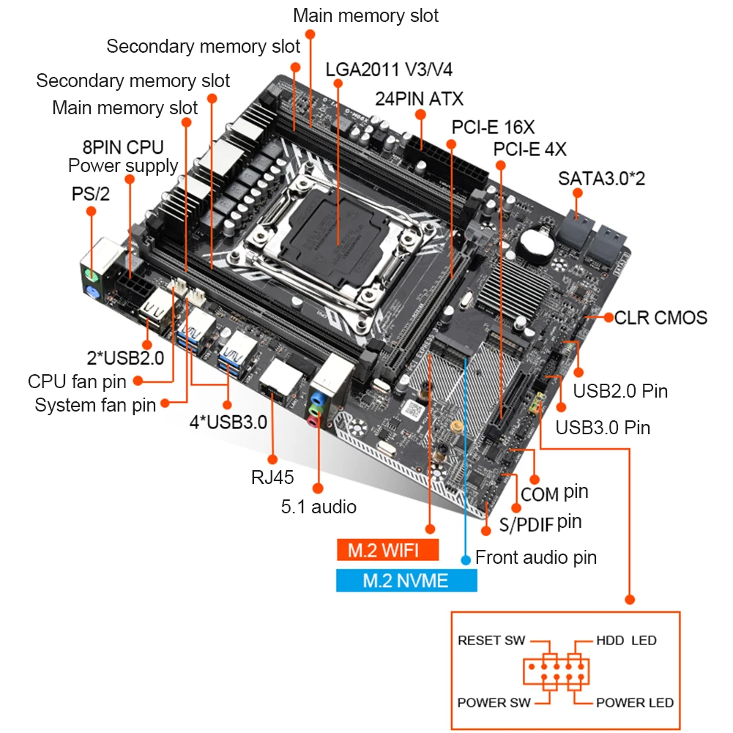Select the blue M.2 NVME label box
tap(406, 581)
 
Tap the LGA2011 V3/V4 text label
tap(389, 70)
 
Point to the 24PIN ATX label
tap(419, 98)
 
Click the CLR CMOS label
tap(661, 317)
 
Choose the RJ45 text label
tap(272, 478)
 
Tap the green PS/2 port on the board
tap(89, 277)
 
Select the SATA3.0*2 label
tap(601, 178)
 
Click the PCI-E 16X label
tap(493, 126)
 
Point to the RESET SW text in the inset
tap(491, 640)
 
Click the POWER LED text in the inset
tap(635, 702)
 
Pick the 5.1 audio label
tap(319, 506)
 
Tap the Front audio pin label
tap(536, 557)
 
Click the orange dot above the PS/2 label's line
tap(91, 211)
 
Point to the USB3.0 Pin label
tap(603, 427)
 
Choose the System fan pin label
tap(95, 404)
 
